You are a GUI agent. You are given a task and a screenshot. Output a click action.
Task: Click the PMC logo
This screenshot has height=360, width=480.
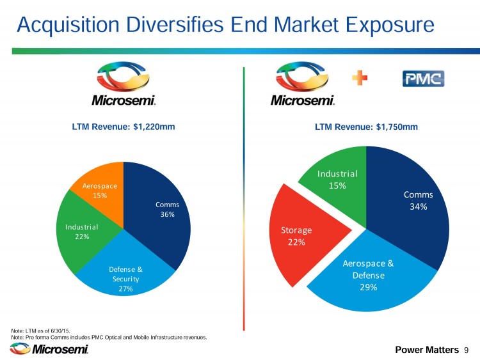pyautogui.click(x=423, y=79)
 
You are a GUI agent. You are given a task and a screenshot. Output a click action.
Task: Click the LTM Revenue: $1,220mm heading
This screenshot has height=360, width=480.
pyautogui.click(x=124, y=127)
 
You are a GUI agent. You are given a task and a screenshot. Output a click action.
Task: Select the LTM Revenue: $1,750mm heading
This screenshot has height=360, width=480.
pyautogui.click(x=366, y=127)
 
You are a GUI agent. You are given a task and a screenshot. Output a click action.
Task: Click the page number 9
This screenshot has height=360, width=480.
pyautogui.click(x=467, y=350)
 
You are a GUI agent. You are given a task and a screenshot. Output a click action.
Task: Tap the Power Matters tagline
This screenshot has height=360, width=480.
pyautogui.click(x=427, y=350)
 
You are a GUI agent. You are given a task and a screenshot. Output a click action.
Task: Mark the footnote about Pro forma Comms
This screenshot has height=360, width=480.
pyautogui.click(x=109, y=336)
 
